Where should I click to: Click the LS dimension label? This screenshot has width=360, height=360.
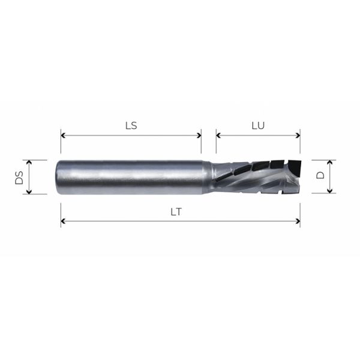(130, 126)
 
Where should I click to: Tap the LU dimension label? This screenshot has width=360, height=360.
(257, 126)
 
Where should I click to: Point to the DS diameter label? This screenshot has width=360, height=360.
(19, 177)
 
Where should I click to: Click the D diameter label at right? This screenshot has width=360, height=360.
(320, 176)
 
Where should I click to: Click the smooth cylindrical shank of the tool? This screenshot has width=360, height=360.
(132, 177)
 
